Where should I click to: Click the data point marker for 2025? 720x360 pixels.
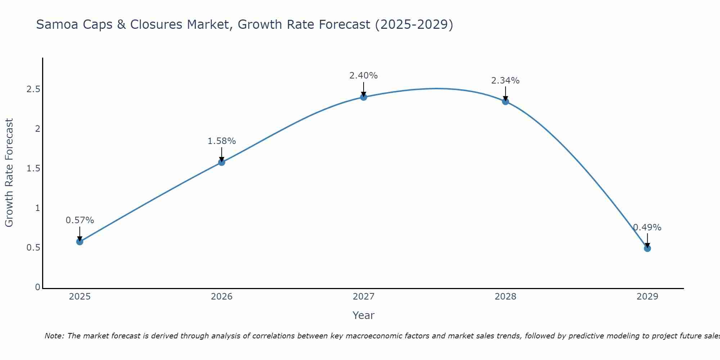80,242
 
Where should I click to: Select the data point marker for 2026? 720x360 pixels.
222,162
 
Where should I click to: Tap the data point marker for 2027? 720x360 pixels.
364,97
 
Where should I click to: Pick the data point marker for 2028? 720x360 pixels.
505,102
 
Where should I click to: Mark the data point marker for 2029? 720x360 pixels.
647,248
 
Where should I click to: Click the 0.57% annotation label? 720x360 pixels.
80,220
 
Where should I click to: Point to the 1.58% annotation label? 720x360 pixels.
222,141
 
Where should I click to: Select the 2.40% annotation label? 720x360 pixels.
364,76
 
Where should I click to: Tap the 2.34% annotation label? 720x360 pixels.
505,81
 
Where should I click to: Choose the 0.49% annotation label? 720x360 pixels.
647,228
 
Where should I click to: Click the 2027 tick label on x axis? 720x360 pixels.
364,297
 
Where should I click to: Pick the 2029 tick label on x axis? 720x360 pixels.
647,297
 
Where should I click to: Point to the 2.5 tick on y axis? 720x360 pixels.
33,89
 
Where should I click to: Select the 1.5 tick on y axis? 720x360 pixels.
33,168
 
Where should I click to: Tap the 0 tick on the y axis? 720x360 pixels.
37,287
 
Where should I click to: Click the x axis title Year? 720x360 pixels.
364,315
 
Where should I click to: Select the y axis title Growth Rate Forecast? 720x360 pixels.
9,173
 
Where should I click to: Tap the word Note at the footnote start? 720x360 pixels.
54,336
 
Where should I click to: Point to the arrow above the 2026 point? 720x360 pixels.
222,154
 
